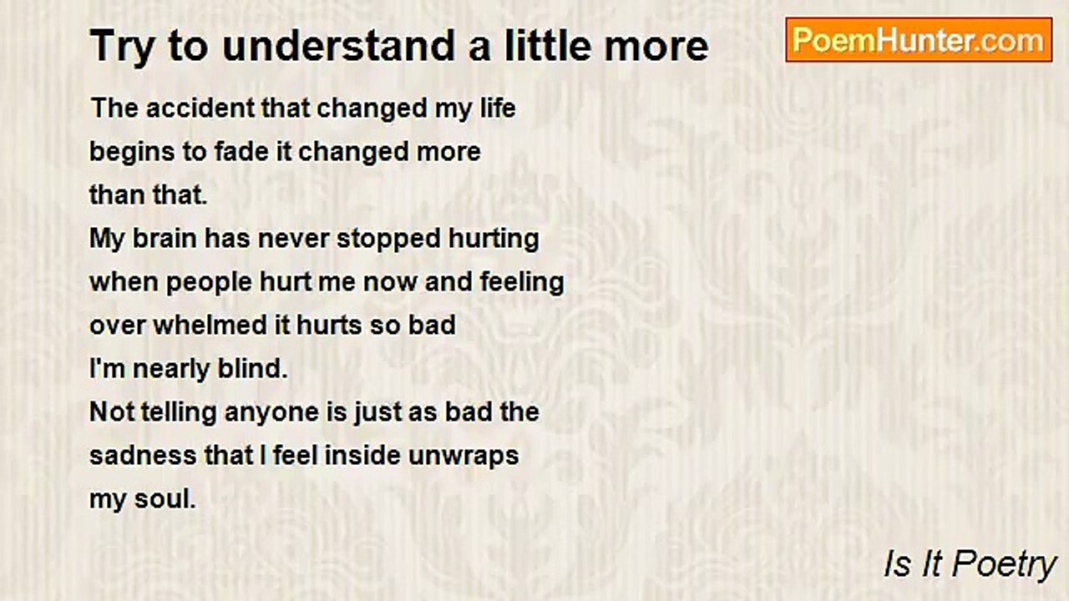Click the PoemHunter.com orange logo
point(919,40)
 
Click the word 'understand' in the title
point(339,46)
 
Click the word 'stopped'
point(388,239)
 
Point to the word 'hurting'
point(494,239)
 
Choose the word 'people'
point(209,283)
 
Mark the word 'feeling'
point(522,283)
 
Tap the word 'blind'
point(253,369)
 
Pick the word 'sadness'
point(143,456)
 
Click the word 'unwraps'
point(464,457)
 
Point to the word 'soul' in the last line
point(165,499)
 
